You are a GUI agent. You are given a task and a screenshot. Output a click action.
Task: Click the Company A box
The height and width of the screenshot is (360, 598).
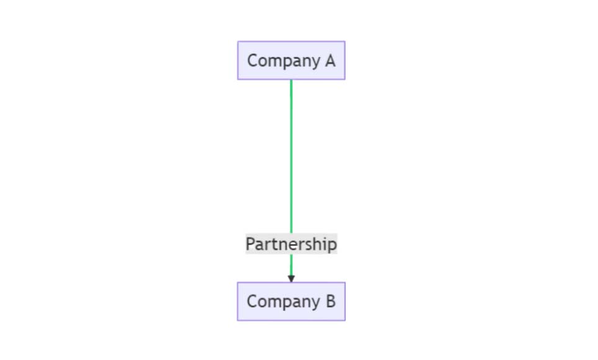click(x=291, y=61)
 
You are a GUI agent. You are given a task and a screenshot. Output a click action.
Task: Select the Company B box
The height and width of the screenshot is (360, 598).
click(x=291, y=302)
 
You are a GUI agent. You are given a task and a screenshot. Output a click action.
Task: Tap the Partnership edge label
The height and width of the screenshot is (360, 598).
click(x=291, y=244)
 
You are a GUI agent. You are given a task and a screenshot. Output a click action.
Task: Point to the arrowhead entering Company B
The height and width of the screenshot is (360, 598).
click(x=291, y=278)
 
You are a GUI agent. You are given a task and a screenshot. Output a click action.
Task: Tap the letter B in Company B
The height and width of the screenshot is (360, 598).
click(x=329, y=302)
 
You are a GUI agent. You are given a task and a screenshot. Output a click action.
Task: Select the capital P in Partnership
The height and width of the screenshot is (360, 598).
click(x=251, y=244)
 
